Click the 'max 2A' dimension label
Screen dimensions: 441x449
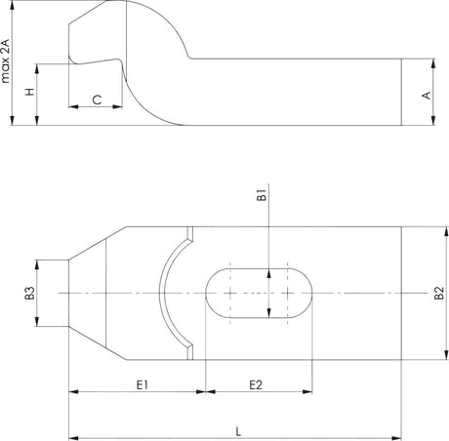point(8,59)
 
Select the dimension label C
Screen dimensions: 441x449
point(97,100)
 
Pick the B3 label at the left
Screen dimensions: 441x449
point(30,293)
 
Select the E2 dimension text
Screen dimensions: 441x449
point(256,384)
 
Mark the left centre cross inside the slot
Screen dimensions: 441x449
point(228,293)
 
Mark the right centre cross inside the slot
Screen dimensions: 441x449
point(289,293)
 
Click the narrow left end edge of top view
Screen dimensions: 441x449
point(67,293)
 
